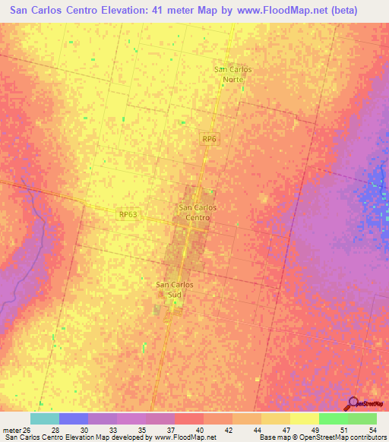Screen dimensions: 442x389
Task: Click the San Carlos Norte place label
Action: [x=233, y=74]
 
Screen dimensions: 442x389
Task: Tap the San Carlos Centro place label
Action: [x=198, y=212]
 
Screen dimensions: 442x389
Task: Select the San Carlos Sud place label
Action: [x=175, y=289]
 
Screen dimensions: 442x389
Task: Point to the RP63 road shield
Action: [x=128, y=215]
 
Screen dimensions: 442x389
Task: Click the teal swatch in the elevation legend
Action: [x=45, y=418]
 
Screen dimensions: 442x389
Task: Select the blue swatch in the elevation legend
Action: [x=74, y=418]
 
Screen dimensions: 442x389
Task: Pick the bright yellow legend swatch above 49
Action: [x=305, y=418]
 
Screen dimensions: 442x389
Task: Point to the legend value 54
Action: [x=372, y=429]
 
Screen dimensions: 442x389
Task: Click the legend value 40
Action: [x=198, y=429]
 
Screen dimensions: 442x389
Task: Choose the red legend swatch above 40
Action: [x=189, y=418]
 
